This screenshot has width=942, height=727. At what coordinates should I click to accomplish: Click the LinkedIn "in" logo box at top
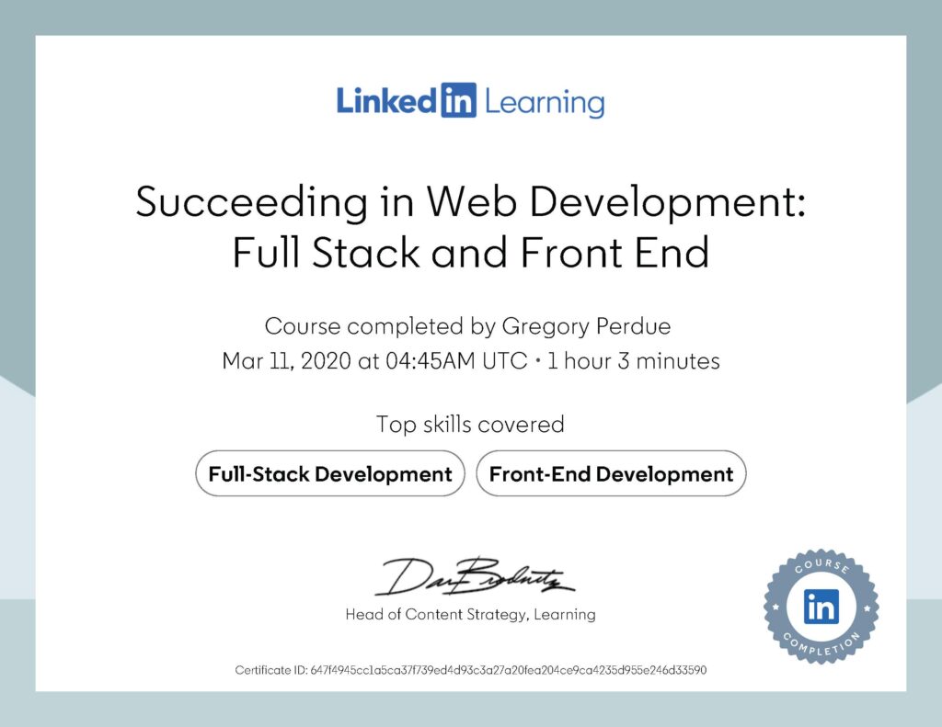pyautogui.click(x=457, y=101)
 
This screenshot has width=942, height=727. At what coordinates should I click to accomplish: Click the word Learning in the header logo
pyautogui.click(x=544, y=102)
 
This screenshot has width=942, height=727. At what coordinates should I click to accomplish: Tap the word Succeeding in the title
pyautogui.click(x=254, y=201)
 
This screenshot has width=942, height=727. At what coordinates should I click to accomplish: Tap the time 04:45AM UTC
pyautogui.click(x=441, y=361)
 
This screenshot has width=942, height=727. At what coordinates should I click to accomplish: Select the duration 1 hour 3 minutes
pyautogui.click(x=634, y=361)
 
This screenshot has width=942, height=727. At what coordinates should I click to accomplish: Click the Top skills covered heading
pyautogui.click(x=470, y=425)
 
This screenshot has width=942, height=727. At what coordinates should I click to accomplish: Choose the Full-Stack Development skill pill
pyautogui.click(x=330, y=474)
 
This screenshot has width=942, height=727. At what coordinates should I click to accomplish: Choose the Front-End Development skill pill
pyautogui.click(x=611, y=474)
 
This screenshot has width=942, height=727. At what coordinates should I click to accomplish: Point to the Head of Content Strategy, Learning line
pyautogui.click(x=470, y=614)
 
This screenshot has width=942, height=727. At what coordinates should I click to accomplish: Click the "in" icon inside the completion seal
pyautogui.click(x=821, y=606)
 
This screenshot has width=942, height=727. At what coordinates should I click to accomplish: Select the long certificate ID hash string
pyautogui.click(x=509, y=670)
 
